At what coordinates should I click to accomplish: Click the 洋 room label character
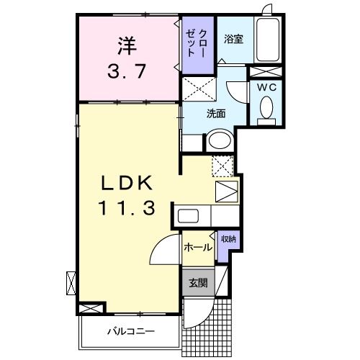tap(127, 45)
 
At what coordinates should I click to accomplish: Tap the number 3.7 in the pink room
tap(127, 71)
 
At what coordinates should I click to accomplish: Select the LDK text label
tap(127, 183)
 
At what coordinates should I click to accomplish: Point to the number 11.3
tap(127, 208)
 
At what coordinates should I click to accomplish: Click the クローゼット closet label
tap(197, 43)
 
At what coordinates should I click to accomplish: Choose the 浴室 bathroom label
tap(233, 39)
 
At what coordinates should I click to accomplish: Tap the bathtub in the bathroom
tap(268, 40)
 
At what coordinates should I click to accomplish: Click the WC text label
tap(267, 88)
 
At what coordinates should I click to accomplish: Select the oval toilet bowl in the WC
tap(266, 107)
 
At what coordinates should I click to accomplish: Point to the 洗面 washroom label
tap(216, 114)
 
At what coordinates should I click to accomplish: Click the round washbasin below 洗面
tap(220, 140)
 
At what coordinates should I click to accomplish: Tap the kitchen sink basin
tap(188, 216)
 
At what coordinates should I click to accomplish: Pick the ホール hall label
tap(198, 247)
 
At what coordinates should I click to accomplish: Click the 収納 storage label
tap(228, 239)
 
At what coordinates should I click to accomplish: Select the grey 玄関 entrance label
tap(198, 283)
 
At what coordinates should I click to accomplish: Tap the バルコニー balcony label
tap(131, 332)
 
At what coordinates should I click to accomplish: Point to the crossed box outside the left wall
tap(71, 283)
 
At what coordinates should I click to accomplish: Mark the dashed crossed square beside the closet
tap(199, 89)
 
